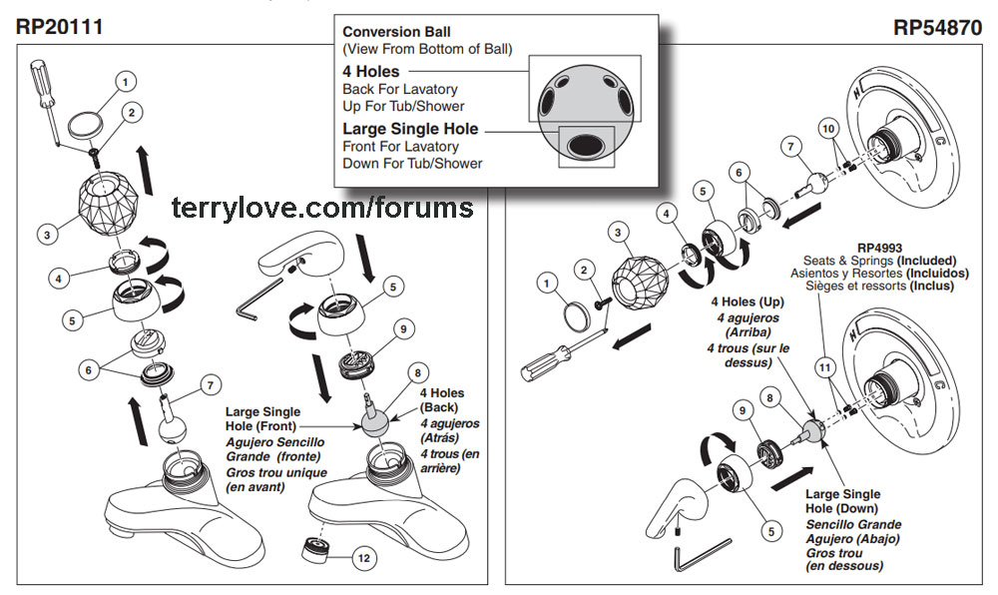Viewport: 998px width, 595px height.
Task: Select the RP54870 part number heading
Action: tap(938, 27)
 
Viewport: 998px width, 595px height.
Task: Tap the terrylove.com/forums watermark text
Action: tap(322, 208)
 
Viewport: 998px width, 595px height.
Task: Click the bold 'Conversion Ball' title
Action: tap(396, 32)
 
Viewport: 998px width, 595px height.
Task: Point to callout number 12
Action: tap(364, 558)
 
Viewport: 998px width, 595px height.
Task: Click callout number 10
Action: tap(826, 128)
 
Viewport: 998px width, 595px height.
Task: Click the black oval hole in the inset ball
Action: tap(581, 148)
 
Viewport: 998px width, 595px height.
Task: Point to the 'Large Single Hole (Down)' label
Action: tap(842, 501)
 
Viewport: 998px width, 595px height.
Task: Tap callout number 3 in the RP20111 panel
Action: tap(46, 236)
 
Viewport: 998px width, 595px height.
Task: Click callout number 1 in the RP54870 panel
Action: tap(544, 283)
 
